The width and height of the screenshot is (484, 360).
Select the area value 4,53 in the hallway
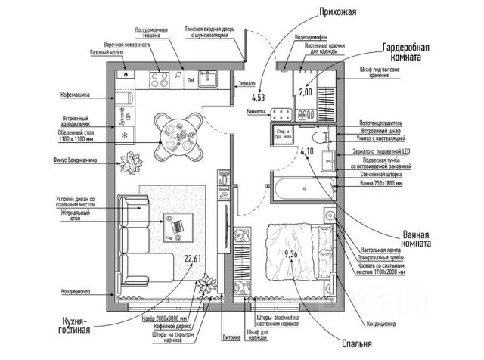(x=259, y=97)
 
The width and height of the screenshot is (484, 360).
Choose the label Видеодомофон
(x=309, y=36)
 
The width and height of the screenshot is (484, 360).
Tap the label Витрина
(x=232, y=337)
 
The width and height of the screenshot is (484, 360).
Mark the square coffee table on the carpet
(x=178, y=225)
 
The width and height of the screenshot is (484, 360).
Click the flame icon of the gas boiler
(x=125, y=75)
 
